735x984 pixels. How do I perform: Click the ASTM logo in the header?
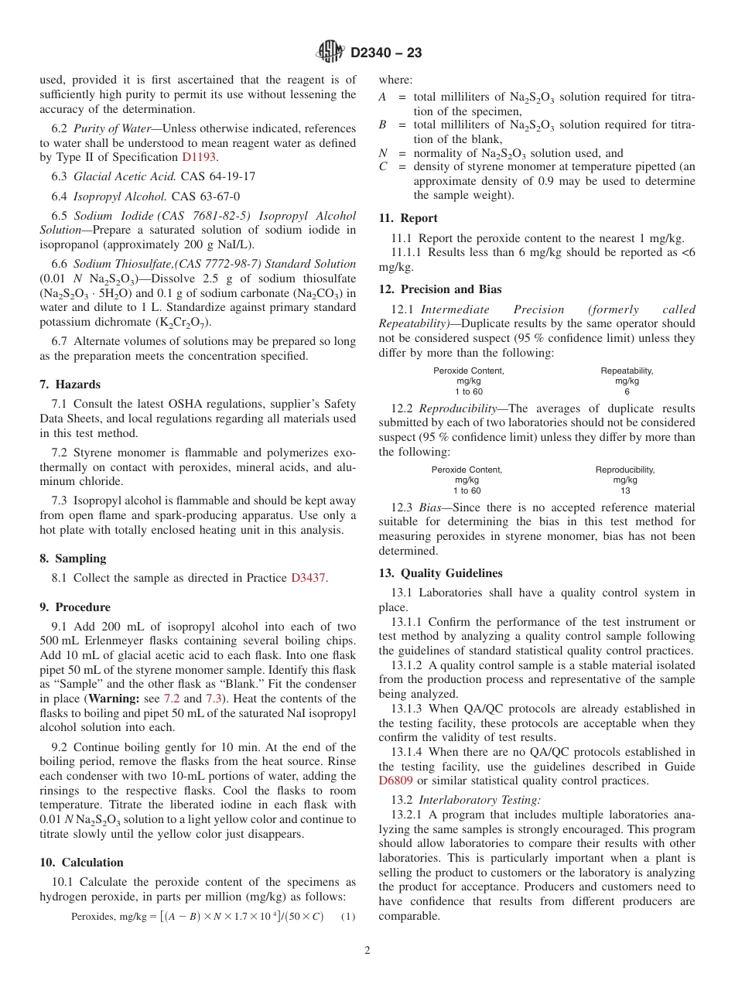click(x=331, y=53)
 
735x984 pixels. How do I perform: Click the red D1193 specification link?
click(x=199, y=157)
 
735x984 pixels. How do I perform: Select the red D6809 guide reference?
click(x=395, y=781)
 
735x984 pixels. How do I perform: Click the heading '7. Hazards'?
click(x=70, y=384)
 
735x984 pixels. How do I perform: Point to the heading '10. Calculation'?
click(x=81, y=863)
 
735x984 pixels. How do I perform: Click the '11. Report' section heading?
click(x=408, y=218)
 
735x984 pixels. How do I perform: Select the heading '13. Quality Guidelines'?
click(x=440, y=573)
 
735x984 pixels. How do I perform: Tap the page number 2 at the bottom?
click(x=367, y=950)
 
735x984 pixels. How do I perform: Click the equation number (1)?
click(x=348, y=917)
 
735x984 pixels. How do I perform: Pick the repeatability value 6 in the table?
click(x=627, y=391)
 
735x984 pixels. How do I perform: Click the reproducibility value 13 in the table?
click(x=625, y=490)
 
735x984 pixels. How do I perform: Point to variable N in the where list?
click(x=382, y=153)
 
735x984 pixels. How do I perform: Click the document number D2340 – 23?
click(x=386, y=53)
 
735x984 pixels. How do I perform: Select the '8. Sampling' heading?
click(x=73, y=559)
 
